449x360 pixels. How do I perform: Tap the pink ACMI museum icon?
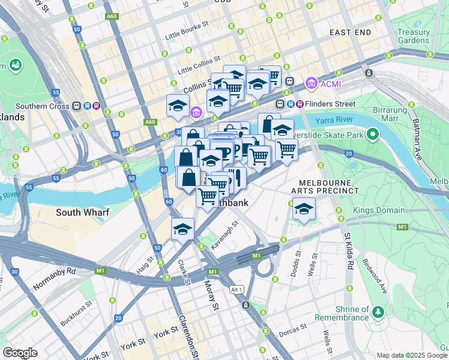[312, 83]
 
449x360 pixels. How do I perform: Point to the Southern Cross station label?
[40, 106]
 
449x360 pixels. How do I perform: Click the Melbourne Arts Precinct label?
[325, 185]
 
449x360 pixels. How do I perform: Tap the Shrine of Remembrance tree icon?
[378, 311]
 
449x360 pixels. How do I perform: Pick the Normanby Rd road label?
[55, 278]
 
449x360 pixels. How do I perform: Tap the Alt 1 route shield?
[237, 290]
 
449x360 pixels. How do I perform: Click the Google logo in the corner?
[20, 353]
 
